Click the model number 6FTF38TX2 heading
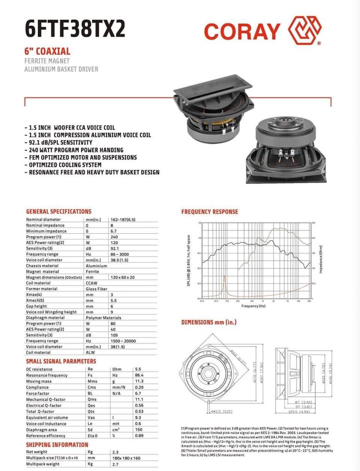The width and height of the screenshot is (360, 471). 75,29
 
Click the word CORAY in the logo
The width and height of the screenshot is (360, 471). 242,31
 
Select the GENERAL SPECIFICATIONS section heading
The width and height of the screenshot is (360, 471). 58,212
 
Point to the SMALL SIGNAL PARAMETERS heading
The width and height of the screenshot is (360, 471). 61,362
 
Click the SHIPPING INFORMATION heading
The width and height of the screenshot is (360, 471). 57,445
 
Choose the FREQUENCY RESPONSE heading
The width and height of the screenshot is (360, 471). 210,212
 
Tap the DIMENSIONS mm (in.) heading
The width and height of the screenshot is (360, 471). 209,322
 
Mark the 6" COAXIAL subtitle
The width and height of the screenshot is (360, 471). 47,52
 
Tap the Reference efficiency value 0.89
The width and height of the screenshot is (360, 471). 139,435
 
